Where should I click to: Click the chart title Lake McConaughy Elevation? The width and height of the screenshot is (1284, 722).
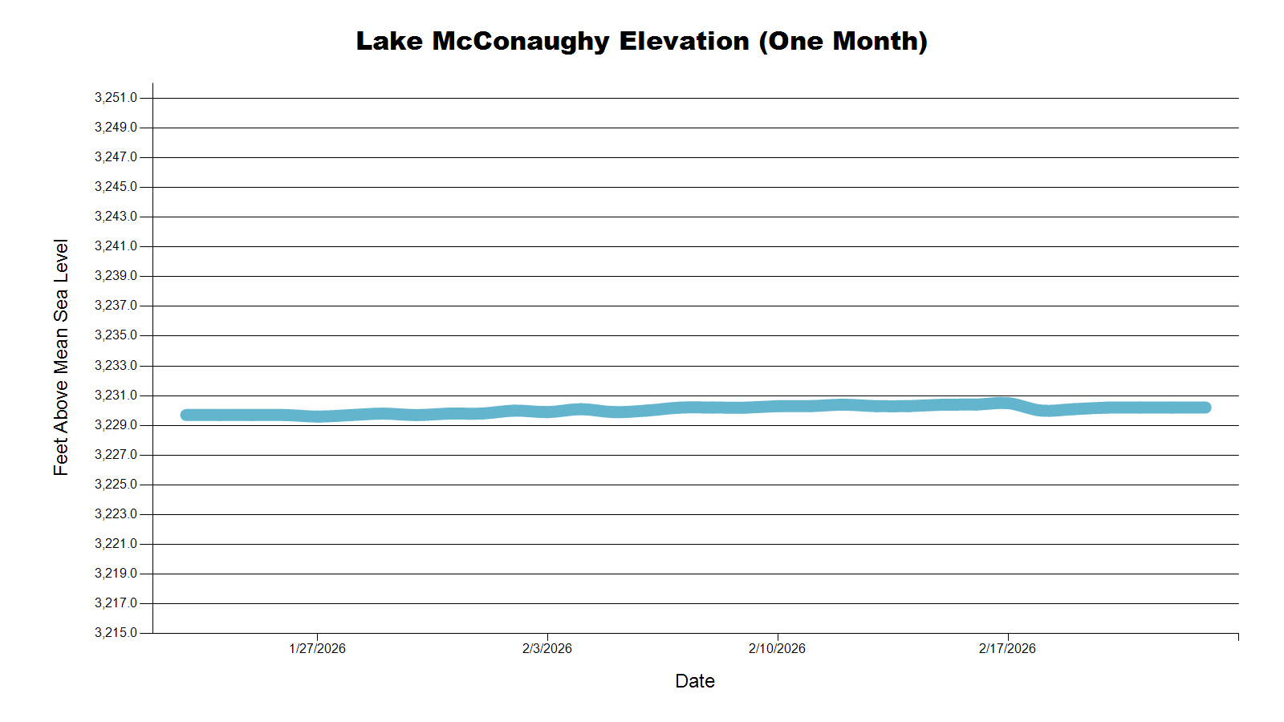(x=641, y=41)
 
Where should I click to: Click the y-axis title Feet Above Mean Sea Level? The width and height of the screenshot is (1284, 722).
(x=61, y=357)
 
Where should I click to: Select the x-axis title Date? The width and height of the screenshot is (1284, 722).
(x=695, y=681)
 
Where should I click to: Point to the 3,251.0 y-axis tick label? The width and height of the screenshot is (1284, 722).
(x=116, y=98)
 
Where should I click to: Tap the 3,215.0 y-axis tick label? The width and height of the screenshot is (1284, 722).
(x=116, y=633)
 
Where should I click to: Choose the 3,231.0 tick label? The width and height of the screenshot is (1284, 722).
(x=116, y=395)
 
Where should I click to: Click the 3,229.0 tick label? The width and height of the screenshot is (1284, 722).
(x=116, y=425)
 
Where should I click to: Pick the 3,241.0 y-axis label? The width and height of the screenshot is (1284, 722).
(x=116, y=246)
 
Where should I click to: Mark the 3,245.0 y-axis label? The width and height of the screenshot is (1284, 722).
(x=116, y=187)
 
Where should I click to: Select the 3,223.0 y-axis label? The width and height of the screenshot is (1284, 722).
(x=116, y=514)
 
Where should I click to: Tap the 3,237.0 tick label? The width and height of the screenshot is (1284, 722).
(x=116, y=306)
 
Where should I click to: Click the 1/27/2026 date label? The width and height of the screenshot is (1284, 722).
(x=317, y=648)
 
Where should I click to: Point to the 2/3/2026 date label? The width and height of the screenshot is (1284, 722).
(x=547, y=648)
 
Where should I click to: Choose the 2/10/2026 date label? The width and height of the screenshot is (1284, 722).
(x=777, y=648)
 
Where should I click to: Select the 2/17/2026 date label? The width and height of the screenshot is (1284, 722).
(x=1007, y=648)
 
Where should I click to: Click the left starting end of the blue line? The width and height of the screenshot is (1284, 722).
(x=186, y=415)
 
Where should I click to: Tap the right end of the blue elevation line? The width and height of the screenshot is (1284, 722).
(x=1205, y=408)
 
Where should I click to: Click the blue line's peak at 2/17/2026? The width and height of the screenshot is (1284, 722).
(x=1005, y=403)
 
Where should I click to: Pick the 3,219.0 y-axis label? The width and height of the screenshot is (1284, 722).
(x=116, y=574)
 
